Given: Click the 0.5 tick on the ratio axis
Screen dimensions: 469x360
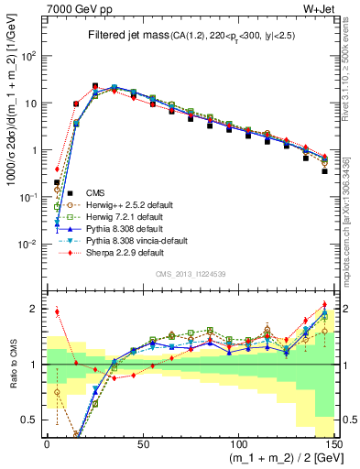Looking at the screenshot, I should (33, 420).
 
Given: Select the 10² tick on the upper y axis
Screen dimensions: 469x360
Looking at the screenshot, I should (31, 56).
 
